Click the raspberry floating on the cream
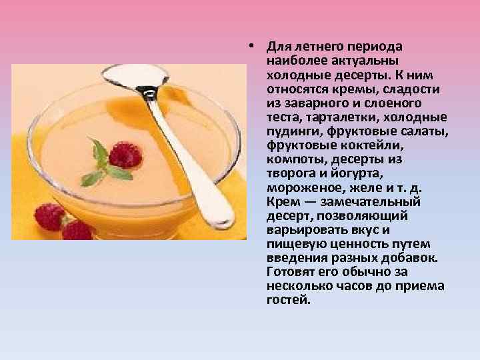tap(123, 155)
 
